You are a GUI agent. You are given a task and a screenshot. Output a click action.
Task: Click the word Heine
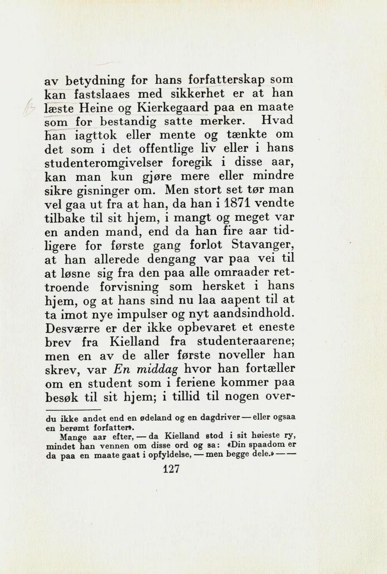(x=92, y=106)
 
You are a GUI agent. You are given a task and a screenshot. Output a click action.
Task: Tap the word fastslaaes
(x=101, y=93)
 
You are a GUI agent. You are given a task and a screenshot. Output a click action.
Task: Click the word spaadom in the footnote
(x=267, y=445)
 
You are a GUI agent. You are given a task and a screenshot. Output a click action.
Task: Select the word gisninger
(x=100, y=190)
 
